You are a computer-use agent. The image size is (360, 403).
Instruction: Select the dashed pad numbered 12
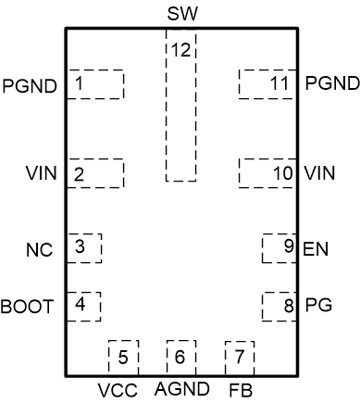click(180, 107)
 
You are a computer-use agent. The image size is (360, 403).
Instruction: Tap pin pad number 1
click(93, 84)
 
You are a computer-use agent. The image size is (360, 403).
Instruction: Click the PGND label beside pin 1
click(31, 85)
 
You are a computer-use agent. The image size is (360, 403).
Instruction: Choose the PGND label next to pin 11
click(331, 83)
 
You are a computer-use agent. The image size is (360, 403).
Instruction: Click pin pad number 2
click(93, 173)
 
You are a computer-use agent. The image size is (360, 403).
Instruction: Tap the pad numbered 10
click(267, 173)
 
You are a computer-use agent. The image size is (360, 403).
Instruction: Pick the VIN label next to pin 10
click(320, 173)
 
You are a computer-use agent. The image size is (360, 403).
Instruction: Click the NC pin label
click(39, 251)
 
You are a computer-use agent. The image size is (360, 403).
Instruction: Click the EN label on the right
click(316, 249)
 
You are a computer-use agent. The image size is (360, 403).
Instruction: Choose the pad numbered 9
click(279, 248)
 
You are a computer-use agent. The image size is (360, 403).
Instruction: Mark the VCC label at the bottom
click(118, 390)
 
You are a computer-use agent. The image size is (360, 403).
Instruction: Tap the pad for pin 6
click(180, 355)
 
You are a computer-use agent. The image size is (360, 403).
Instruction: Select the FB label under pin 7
click(240, 389)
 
